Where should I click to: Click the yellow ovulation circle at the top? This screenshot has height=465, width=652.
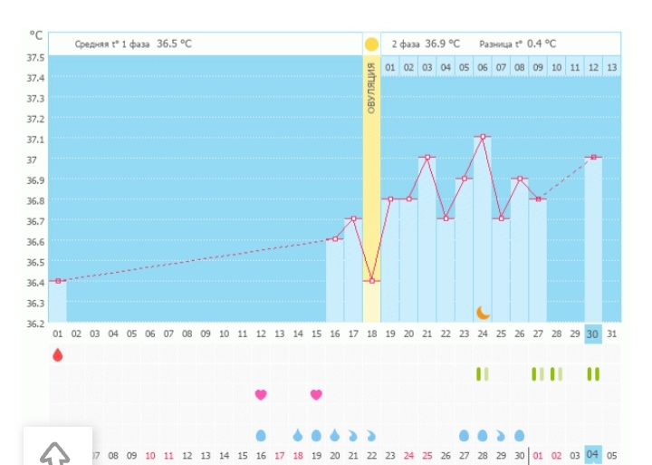(371, 44)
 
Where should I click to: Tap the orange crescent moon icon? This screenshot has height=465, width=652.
(483, 313)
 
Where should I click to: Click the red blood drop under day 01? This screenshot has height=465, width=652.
(58, 354)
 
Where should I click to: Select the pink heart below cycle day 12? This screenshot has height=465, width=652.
(261, 394)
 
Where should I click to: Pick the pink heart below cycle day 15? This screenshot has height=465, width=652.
(316, 394)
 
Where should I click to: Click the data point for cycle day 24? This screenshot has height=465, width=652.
(483, 137)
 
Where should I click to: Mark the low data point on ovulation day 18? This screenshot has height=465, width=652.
(371, 281)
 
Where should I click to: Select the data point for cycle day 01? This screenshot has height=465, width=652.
(58, 281)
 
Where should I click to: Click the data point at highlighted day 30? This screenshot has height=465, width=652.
(593, 158)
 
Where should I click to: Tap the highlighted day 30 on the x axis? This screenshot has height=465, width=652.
(593, 334)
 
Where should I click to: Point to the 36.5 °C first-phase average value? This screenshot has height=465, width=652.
(174, 44)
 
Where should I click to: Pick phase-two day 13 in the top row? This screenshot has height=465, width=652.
(612, 67)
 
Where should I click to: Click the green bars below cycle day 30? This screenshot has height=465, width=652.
(593, 373)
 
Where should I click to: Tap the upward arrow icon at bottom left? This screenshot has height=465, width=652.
(55, 453)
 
